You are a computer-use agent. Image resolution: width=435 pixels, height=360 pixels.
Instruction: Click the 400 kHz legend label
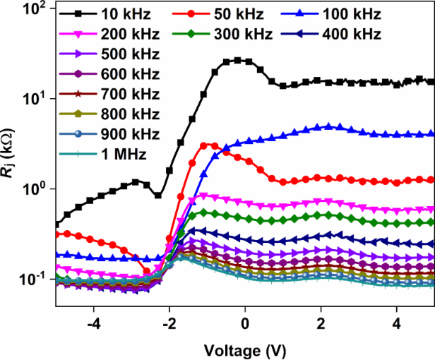click(x=352, y=34)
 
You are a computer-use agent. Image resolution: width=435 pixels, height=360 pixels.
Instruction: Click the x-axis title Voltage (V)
click(x=244, y=349)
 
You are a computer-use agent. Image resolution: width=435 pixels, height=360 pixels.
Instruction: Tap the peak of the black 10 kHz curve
click(x=238, y=61)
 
